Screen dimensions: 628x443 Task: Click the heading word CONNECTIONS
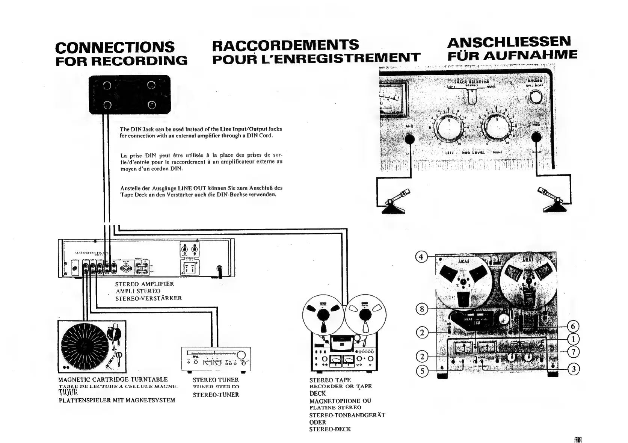click(115, 47)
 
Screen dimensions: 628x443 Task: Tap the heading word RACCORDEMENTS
click(285, 45)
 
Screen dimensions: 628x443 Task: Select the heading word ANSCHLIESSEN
click(509, 42)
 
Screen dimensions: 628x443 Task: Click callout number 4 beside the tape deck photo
click(421, 257)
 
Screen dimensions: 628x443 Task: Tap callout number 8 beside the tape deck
click(422, 309)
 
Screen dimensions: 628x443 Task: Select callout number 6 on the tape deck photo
click(573, 326)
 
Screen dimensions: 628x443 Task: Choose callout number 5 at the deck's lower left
click(422, 371)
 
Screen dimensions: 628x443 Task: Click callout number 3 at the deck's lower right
click(573, 369)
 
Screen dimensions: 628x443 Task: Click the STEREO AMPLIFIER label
click(145, 284)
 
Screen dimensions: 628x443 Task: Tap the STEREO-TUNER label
click(216, 395)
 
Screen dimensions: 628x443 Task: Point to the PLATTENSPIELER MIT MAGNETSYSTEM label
click(117, 401)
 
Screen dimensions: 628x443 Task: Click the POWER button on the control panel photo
click(536, 98)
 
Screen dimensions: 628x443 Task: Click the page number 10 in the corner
click(578, 438)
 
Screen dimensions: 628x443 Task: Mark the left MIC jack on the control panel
click(410, 139)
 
